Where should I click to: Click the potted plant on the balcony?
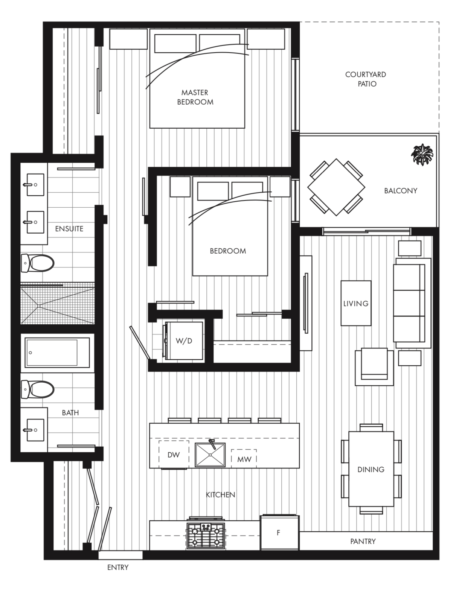[422, 154]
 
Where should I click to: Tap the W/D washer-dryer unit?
[184, 341]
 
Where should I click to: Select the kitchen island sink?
[210, 455]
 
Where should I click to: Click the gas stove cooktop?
[206, 535]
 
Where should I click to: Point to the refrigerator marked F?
[279, 532]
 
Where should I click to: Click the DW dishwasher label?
[174, 455]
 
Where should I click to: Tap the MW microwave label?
[244, 459]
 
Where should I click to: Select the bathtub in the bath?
[57, 353]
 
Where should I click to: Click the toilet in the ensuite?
[38, 263]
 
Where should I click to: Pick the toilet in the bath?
[38, 389]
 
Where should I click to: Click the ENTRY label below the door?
[118, 567]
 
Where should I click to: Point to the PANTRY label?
[363, 541]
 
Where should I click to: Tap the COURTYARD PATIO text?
[366, 79]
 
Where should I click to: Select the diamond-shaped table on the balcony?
[336, 187]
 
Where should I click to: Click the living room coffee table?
[356, 303]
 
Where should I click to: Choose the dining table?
[371, 469]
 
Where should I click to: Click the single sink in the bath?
[35, 430]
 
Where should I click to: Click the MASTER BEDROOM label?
[195, 97]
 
